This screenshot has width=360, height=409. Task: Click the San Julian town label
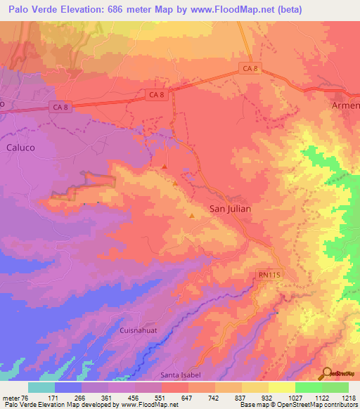coord(231,209)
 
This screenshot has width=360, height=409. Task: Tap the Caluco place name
coord(20,148)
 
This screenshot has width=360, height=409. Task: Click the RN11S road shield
coord(268,277)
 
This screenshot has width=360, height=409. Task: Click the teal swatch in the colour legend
coord(41,387)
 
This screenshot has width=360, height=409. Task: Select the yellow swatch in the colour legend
coord(281,387)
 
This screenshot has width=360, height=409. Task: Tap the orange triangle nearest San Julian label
coord(191,215)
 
